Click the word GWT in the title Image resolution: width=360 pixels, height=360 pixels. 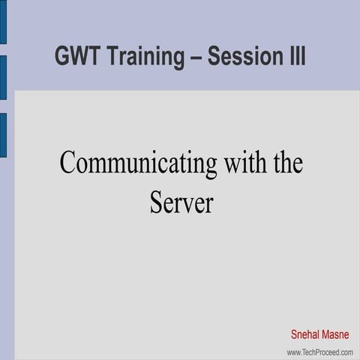point(77,56)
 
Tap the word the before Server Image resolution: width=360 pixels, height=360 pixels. point(287,163)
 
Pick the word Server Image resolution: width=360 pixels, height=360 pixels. point(181,202)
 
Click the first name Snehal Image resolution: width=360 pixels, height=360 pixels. point(306,334)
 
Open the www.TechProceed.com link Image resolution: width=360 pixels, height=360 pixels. point(319,352)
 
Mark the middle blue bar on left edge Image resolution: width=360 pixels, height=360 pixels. point(3,77)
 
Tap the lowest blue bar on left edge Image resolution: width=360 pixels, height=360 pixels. point(3,135)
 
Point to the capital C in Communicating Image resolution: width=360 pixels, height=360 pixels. point(67,163)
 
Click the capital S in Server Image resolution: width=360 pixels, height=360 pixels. point(156,202)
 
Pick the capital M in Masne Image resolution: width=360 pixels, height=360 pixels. point(327,334)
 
